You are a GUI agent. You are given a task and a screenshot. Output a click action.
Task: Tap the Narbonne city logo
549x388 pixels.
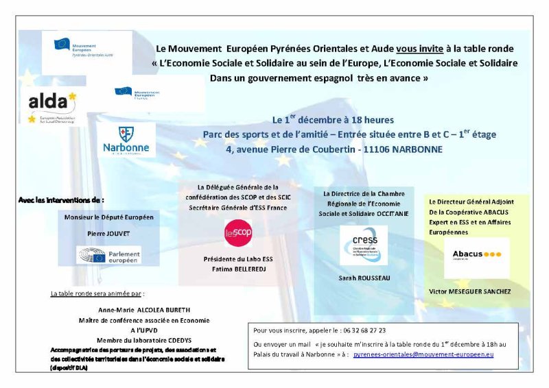pyautogui.click(x=126, y=141)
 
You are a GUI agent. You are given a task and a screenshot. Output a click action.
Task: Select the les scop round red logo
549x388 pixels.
pyautogui.click(x=239, y=234)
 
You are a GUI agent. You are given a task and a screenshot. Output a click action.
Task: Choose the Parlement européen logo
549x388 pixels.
pyautogui.click(x=109, y=256)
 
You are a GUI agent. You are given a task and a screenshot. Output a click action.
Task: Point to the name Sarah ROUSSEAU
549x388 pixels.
pyautogui.click(x=363, y=278)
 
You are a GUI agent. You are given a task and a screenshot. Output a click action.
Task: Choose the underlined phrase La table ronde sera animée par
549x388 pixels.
pyautogui.click(x=98, y=293)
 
